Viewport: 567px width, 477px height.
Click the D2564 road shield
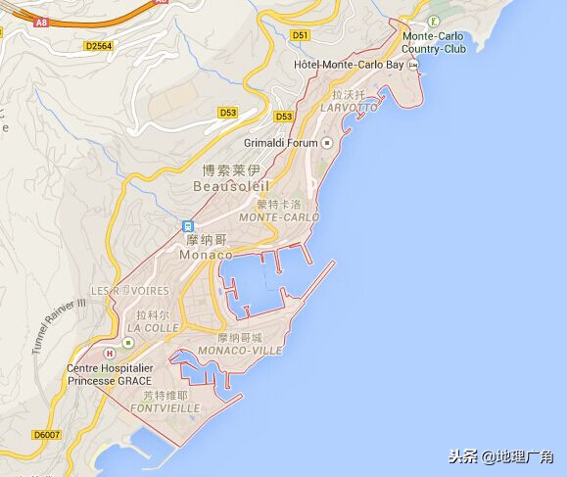click(98, 45)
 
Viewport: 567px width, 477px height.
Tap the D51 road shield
click(300, 35)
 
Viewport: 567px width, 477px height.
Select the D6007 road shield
click(45, 434)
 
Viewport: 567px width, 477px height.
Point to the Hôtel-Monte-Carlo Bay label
click(349, 66)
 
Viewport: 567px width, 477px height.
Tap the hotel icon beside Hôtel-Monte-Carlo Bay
click(413, 66)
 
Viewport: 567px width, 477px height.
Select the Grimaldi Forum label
click(281, 143)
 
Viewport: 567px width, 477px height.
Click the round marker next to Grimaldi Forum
click(327, 143)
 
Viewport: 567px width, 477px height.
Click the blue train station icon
click(187, 226)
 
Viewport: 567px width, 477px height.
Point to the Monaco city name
click(206, 254)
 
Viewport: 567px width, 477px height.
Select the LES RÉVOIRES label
click(129, 291)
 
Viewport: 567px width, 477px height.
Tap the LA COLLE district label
click(153, 328)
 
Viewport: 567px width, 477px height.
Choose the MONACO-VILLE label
click(240, 350)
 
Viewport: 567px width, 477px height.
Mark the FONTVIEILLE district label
click(165, 406)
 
